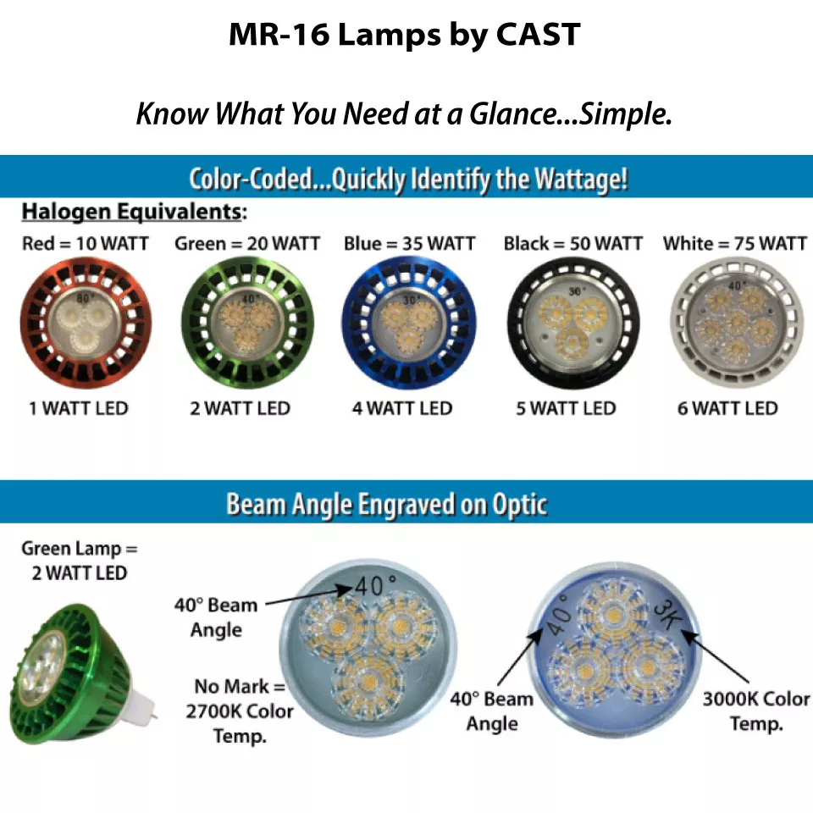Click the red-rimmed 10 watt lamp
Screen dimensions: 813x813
click(x=86, y=323)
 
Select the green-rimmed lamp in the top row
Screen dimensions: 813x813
click(x=247, y=323)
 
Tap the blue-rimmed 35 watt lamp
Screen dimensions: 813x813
click(x=409, y=323)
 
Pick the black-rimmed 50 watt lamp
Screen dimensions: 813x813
click(x=573, y=323)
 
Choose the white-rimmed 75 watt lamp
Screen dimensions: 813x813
click(x=736, y=323)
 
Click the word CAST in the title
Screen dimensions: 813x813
click(x=538, y=35)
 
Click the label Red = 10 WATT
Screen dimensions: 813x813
click(x=85, y=243)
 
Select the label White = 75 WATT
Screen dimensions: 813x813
click(x=735, y=243)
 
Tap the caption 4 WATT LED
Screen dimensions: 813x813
click(x=401, y=408)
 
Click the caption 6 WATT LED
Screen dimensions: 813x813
click(x=727, y=408)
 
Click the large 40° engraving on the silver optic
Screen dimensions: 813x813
click(x=375, y=585)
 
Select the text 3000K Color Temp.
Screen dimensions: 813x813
click(x=756, y=711)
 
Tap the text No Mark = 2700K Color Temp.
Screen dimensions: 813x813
click(x=240, y=711)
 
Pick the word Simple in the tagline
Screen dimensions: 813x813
click(x=625, y=113)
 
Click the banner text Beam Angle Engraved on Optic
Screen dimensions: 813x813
click(x=387, y=504)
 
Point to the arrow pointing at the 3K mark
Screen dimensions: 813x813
click(x=715, y=655)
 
